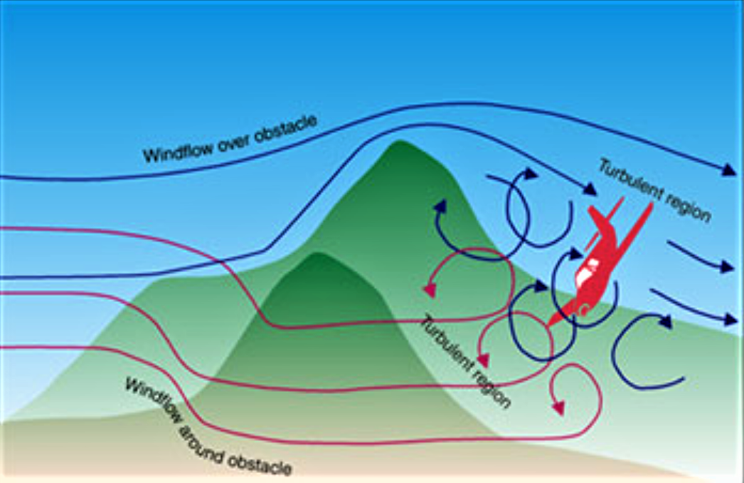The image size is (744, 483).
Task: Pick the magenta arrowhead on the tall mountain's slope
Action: tap(429, 290)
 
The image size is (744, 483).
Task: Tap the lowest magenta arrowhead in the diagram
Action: tap(558, 409)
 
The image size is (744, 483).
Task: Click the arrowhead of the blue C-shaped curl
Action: tap(664, 321)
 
